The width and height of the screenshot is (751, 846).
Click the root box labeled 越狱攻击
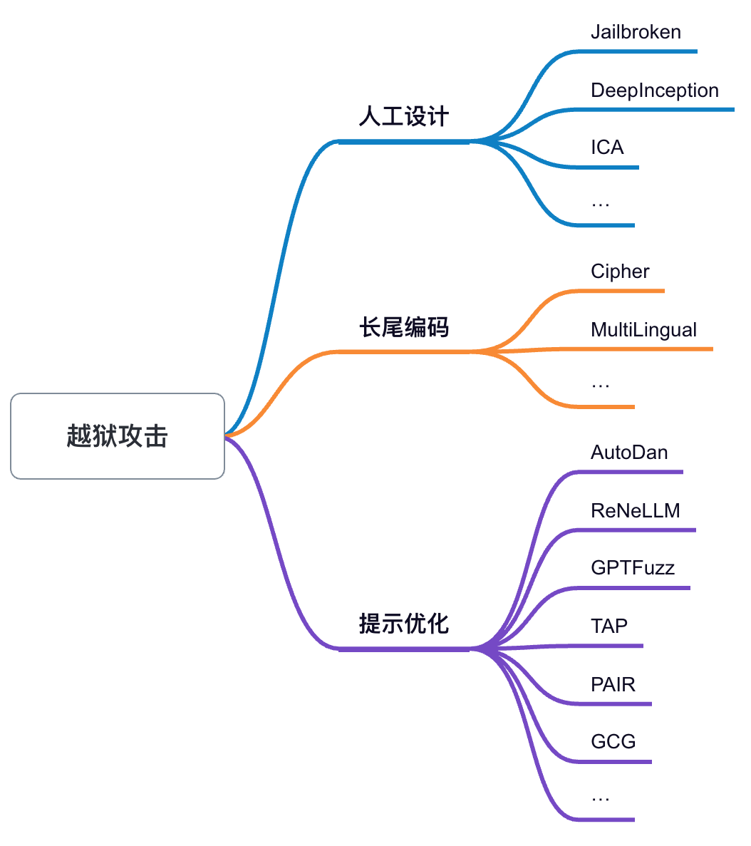point(118,436)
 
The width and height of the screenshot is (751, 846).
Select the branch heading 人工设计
point(403,116)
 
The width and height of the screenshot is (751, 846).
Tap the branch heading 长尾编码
point(403,328)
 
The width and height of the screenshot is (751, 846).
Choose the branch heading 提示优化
point(403,624)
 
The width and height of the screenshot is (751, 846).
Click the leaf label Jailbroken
point(636,32)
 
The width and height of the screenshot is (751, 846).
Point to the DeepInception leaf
point(654,91)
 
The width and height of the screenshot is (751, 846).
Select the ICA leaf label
point(607,148)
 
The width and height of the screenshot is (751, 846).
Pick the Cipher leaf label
point(620,272)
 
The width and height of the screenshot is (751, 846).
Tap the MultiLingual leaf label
point(643,330)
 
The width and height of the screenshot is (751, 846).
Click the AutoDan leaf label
point(629,453)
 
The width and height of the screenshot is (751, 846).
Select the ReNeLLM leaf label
point(635,511)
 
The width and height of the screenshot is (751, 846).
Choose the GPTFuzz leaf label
point(633,568)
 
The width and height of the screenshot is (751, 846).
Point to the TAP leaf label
point(609,626)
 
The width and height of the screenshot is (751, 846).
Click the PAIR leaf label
point(613,685)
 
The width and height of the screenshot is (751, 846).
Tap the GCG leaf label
point(613,742)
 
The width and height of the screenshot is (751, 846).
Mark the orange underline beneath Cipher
point(620,291)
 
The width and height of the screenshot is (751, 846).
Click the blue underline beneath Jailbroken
point(641,51)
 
